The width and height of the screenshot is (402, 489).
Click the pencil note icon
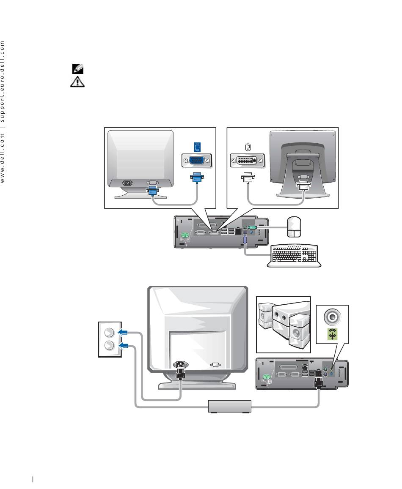tap(78, 68)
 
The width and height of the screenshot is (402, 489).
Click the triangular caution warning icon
tap(77, 82)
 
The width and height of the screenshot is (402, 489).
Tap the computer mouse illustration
tap(294, 227)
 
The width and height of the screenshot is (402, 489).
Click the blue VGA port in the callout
tap(196, 161)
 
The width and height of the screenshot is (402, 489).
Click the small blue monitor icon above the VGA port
tap(197, 147)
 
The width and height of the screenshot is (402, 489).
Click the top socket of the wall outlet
tap(109, 333)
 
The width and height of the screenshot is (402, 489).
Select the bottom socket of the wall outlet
tap(109, 345)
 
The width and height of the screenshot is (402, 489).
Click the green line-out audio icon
tap(332, 334)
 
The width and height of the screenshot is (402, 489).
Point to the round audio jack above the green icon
tap(332, 317)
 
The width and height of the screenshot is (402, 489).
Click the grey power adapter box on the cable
tap(230, 407)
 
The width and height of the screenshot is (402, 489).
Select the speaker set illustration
tap(284, 325)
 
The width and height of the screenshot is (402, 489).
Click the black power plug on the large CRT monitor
tap(181, 369)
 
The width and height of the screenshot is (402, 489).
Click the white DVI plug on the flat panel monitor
tap(303, 185)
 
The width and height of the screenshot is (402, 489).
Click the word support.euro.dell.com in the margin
tap(3, 82)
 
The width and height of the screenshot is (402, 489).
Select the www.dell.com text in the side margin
tap(3, 158)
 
